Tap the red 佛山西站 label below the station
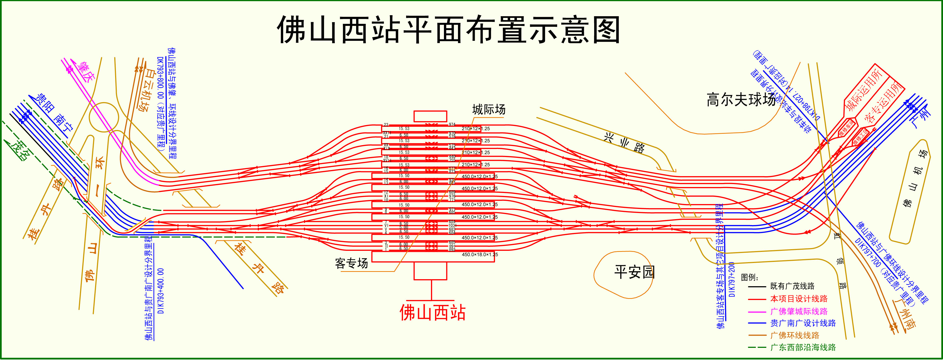(x=432, y=312)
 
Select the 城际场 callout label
(x=489, y=109)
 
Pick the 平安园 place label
(x=634, y=272)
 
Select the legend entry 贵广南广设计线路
(x=803, y=323)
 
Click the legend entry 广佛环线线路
(x=795, y=335)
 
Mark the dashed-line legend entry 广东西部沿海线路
(x=803, y=347)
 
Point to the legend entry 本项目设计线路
(x=799, y=298)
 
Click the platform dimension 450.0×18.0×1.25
(x=480, y=255)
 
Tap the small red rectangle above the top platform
(x=430, y=116)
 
